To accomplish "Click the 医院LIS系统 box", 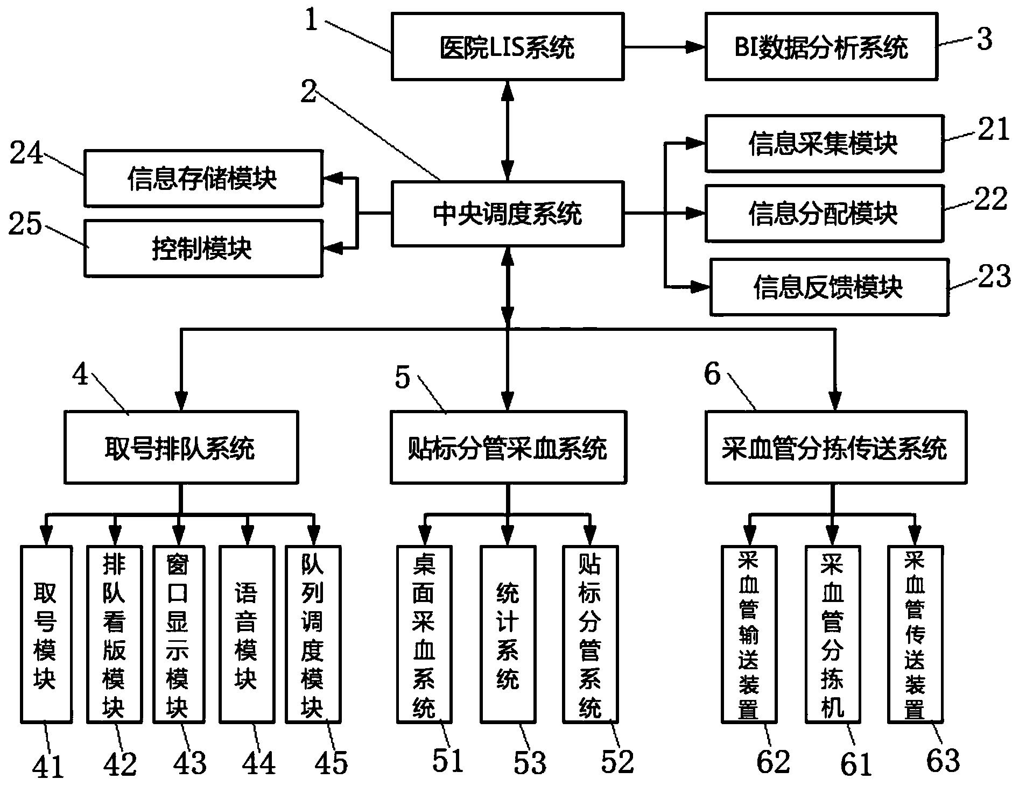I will click(507, 47).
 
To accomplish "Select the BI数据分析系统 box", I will click(821, 47).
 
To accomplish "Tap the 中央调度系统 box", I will click(507, 214).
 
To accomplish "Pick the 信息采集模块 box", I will click(824, 143).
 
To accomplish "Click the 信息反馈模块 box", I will click(828, 287).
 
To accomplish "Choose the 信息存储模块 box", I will click(203, 179).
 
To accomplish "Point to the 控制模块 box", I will click(203, 249).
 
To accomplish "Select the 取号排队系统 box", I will click(180, 448).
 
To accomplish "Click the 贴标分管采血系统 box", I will click(508, 448).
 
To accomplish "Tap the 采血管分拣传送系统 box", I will click(835, 448).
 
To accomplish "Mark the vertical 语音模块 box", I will click(247, 634).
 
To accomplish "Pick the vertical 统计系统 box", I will click(508, 634).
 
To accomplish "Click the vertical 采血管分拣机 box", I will click(832, 634).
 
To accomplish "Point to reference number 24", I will click(26, 154).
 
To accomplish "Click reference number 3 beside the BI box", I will click(984, 39).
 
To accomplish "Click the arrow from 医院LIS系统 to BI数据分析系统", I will click(664, 47).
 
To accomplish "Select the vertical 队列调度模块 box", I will click(313, 634).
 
